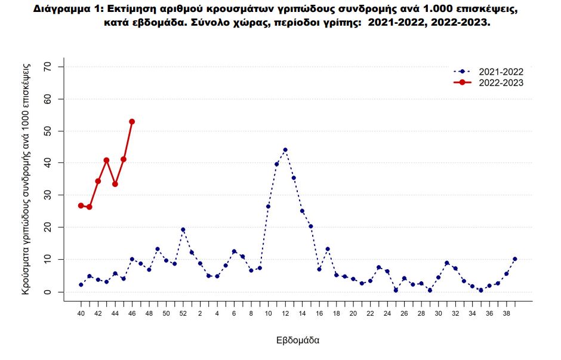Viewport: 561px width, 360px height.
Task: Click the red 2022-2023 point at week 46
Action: point(132,122)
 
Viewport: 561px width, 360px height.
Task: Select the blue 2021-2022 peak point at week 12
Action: point(285,150)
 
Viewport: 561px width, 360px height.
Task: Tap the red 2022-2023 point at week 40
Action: point(81,205)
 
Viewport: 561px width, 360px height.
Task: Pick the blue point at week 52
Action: point(183,230)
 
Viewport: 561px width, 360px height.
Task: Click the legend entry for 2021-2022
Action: point(501,72)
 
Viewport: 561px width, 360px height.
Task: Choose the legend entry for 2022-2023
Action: point(501,83)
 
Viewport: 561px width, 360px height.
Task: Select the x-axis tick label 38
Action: point(506,313)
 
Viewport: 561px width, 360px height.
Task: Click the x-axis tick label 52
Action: point(183,313)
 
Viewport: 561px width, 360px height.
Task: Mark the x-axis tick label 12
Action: point(285,313)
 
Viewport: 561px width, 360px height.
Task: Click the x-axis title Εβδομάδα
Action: point(298,341)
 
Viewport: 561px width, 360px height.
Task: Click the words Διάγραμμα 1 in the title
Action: point(66,10)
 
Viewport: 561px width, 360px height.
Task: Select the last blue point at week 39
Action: point(515,259)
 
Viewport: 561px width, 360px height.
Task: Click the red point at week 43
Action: point(106,160)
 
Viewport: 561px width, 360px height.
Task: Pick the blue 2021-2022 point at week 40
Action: point(81,285)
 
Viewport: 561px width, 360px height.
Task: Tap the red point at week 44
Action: point(115,184)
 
